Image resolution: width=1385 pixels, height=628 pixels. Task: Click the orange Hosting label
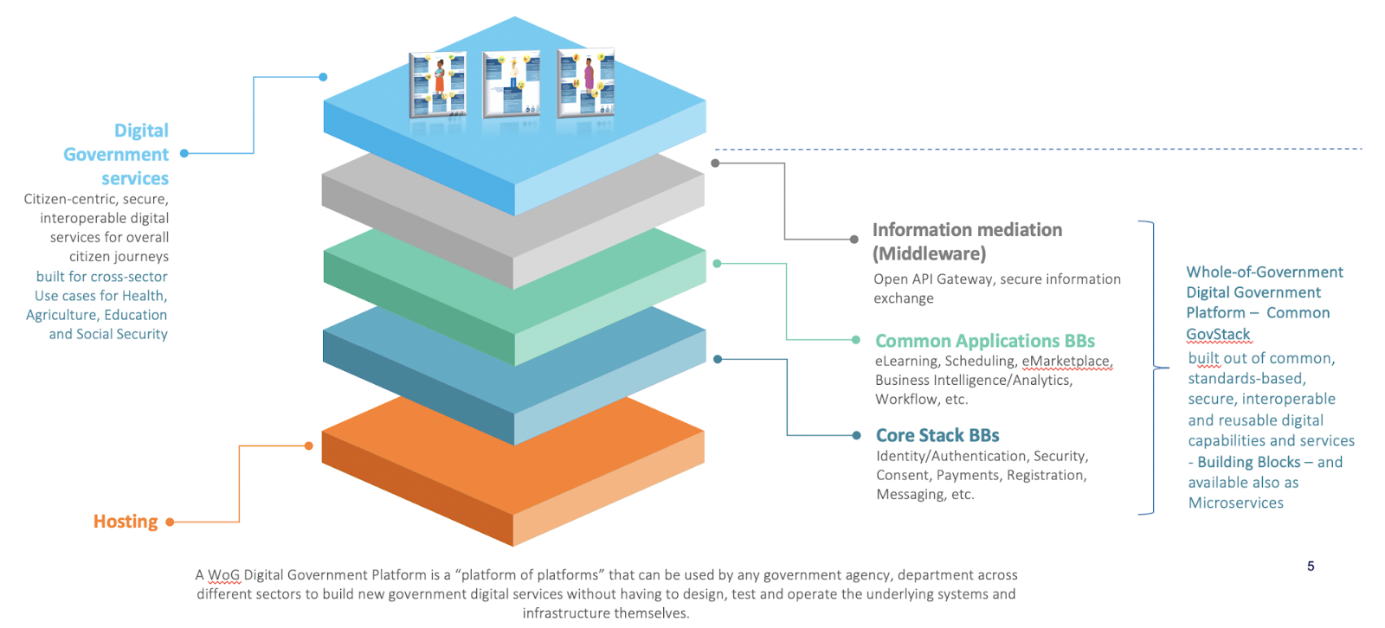tap(126, 522)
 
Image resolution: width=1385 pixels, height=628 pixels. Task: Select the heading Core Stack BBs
tap(937, 435)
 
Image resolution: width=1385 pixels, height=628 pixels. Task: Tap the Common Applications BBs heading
tap(985, 341)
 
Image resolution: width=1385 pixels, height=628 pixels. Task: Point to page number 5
tap(1311, 567)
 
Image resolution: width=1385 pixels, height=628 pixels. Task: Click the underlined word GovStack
tap(1218, 334)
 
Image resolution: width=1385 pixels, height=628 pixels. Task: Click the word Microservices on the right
tap(1235, 503)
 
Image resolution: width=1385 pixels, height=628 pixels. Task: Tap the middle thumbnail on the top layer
tap(512, 83)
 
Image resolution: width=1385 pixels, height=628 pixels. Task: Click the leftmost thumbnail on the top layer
tap(438, 84)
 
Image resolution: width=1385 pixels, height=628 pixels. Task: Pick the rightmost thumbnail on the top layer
tap(586, 82)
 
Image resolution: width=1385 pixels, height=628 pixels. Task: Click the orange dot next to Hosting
tap(170, 522)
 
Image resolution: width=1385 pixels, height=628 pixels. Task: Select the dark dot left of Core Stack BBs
tap(856, 435)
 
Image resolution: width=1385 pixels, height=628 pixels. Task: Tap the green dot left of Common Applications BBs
tap(855, 340)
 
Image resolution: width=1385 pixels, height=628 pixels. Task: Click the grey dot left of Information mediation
tap(854, 239)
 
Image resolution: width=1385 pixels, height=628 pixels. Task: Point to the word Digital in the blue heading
tap(141, 131)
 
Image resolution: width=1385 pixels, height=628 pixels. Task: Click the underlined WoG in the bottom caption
tap(223, 575)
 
